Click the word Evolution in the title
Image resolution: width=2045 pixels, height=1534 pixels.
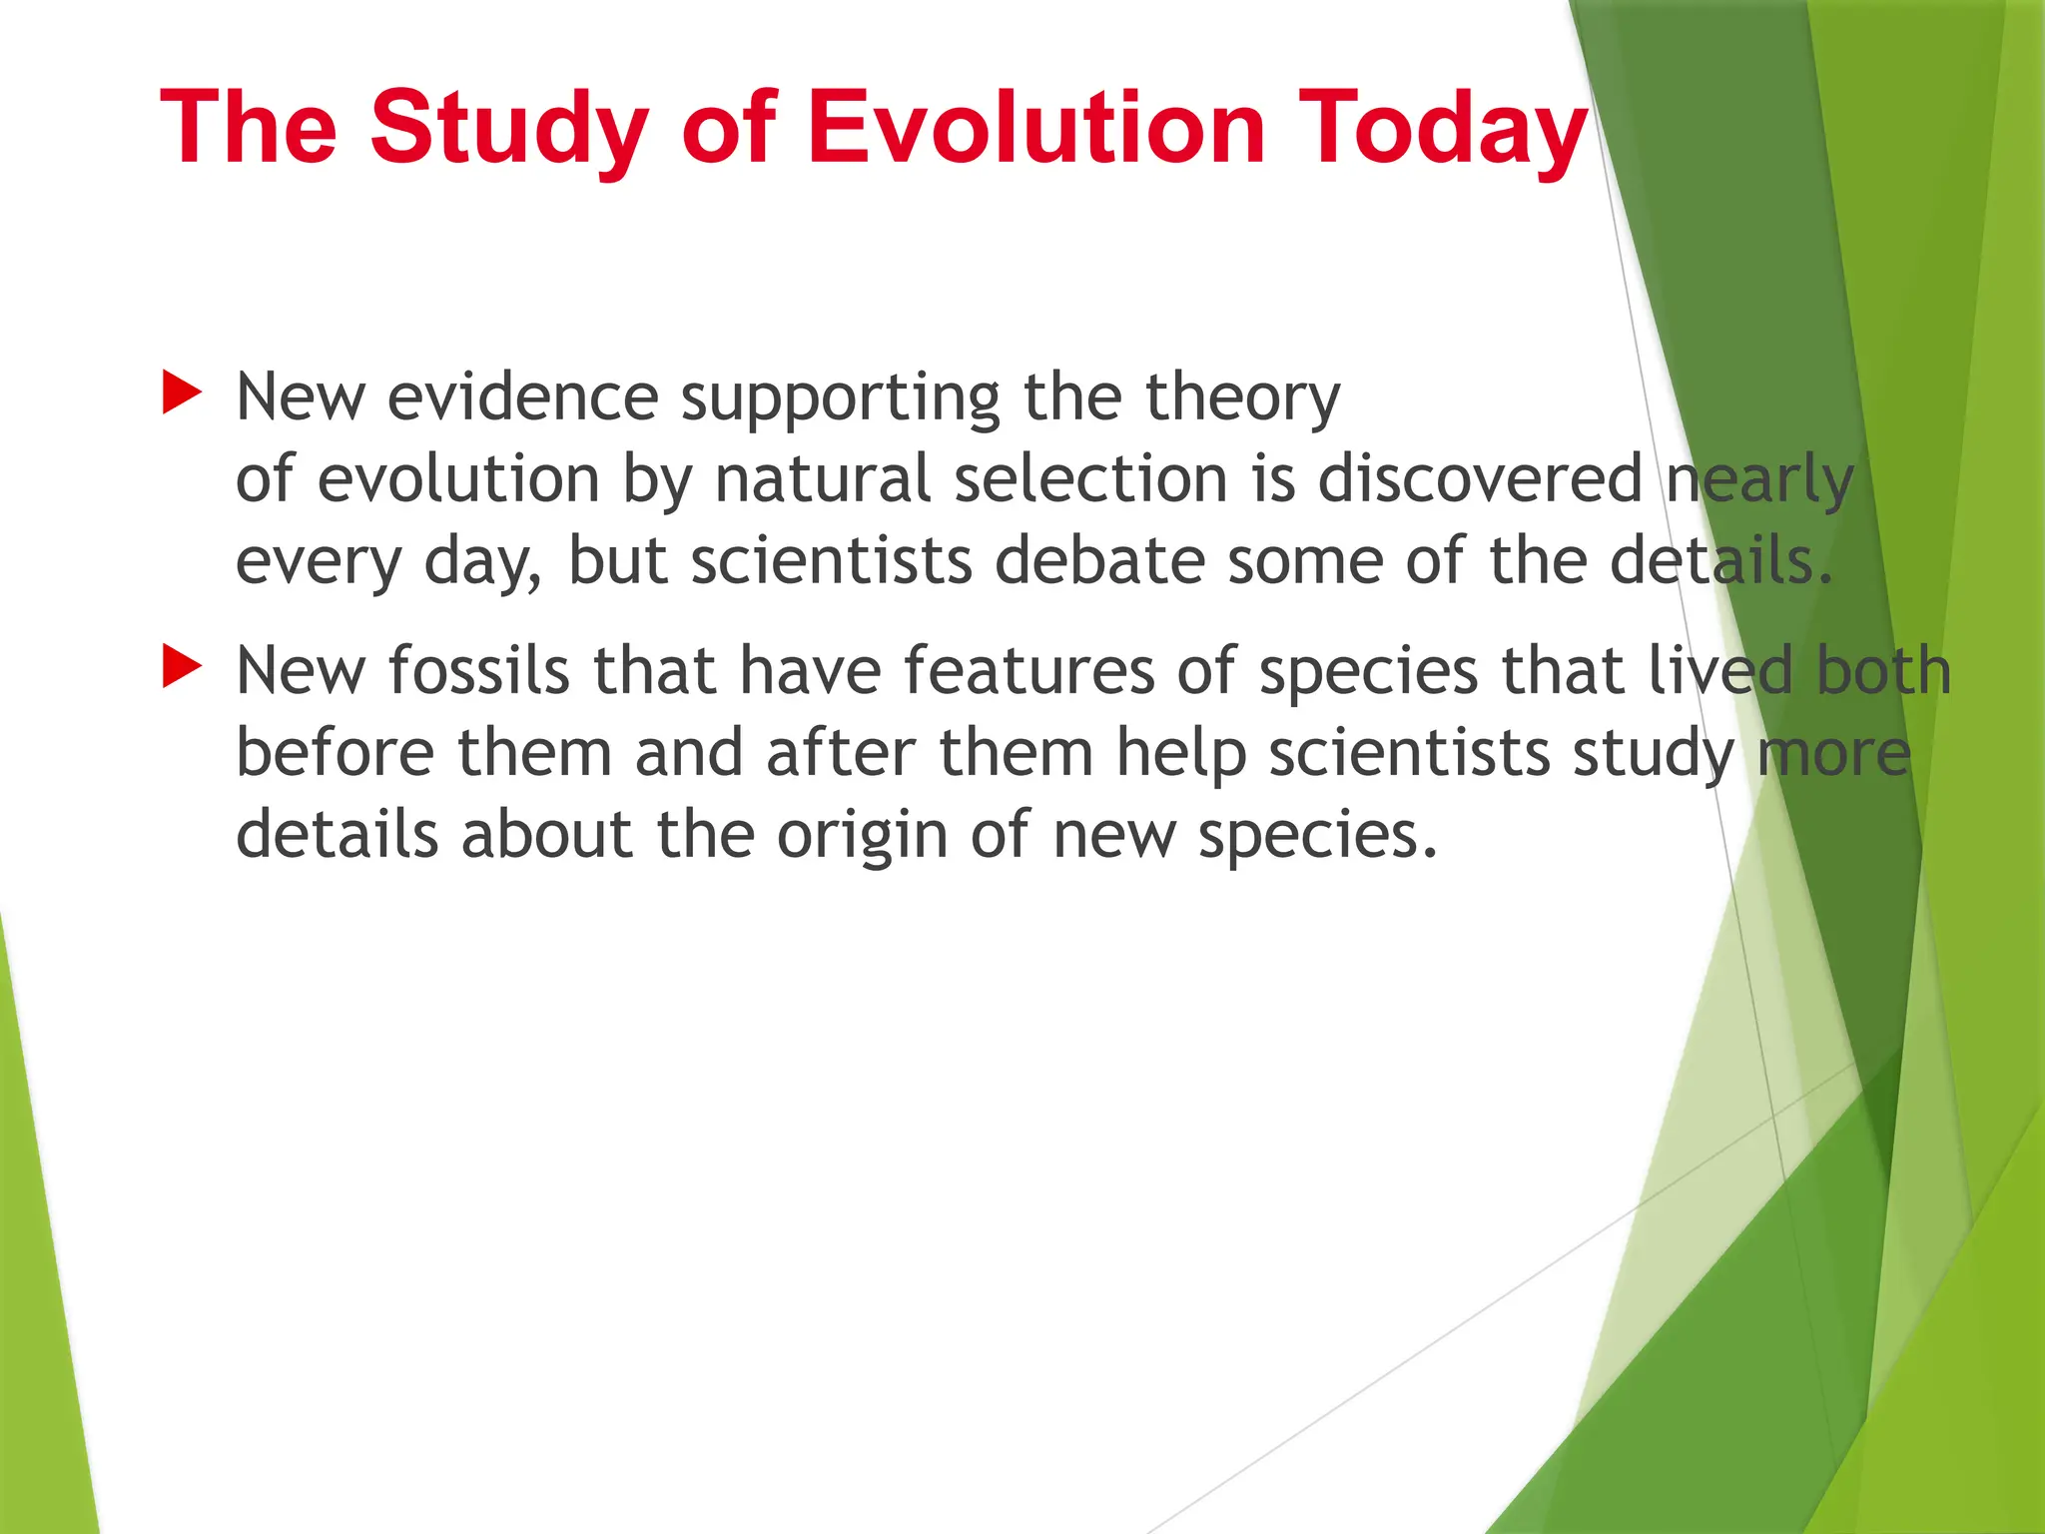(x=1035, y=128)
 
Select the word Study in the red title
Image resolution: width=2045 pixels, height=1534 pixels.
(x=509, y=128)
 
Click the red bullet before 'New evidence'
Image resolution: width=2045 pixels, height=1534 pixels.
(x=182, y=393)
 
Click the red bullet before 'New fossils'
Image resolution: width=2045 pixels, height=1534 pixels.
(x=182, y=666)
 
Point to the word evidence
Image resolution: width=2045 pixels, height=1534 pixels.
(x=522, y=397)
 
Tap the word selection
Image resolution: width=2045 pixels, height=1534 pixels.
(x=1090, y=479)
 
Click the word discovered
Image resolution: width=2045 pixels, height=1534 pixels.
(x=1480, y=479)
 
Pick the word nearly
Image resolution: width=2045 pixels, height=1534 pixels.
(x=1759, y=479)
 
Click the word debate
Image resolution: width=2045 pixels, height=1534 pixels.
(x=1099, y=561)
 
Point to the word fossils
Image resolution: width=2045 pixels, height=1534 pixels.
(x=478, y=670)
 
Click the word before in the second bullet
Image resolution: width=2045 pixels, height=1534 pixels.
(x=335, y=752)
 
